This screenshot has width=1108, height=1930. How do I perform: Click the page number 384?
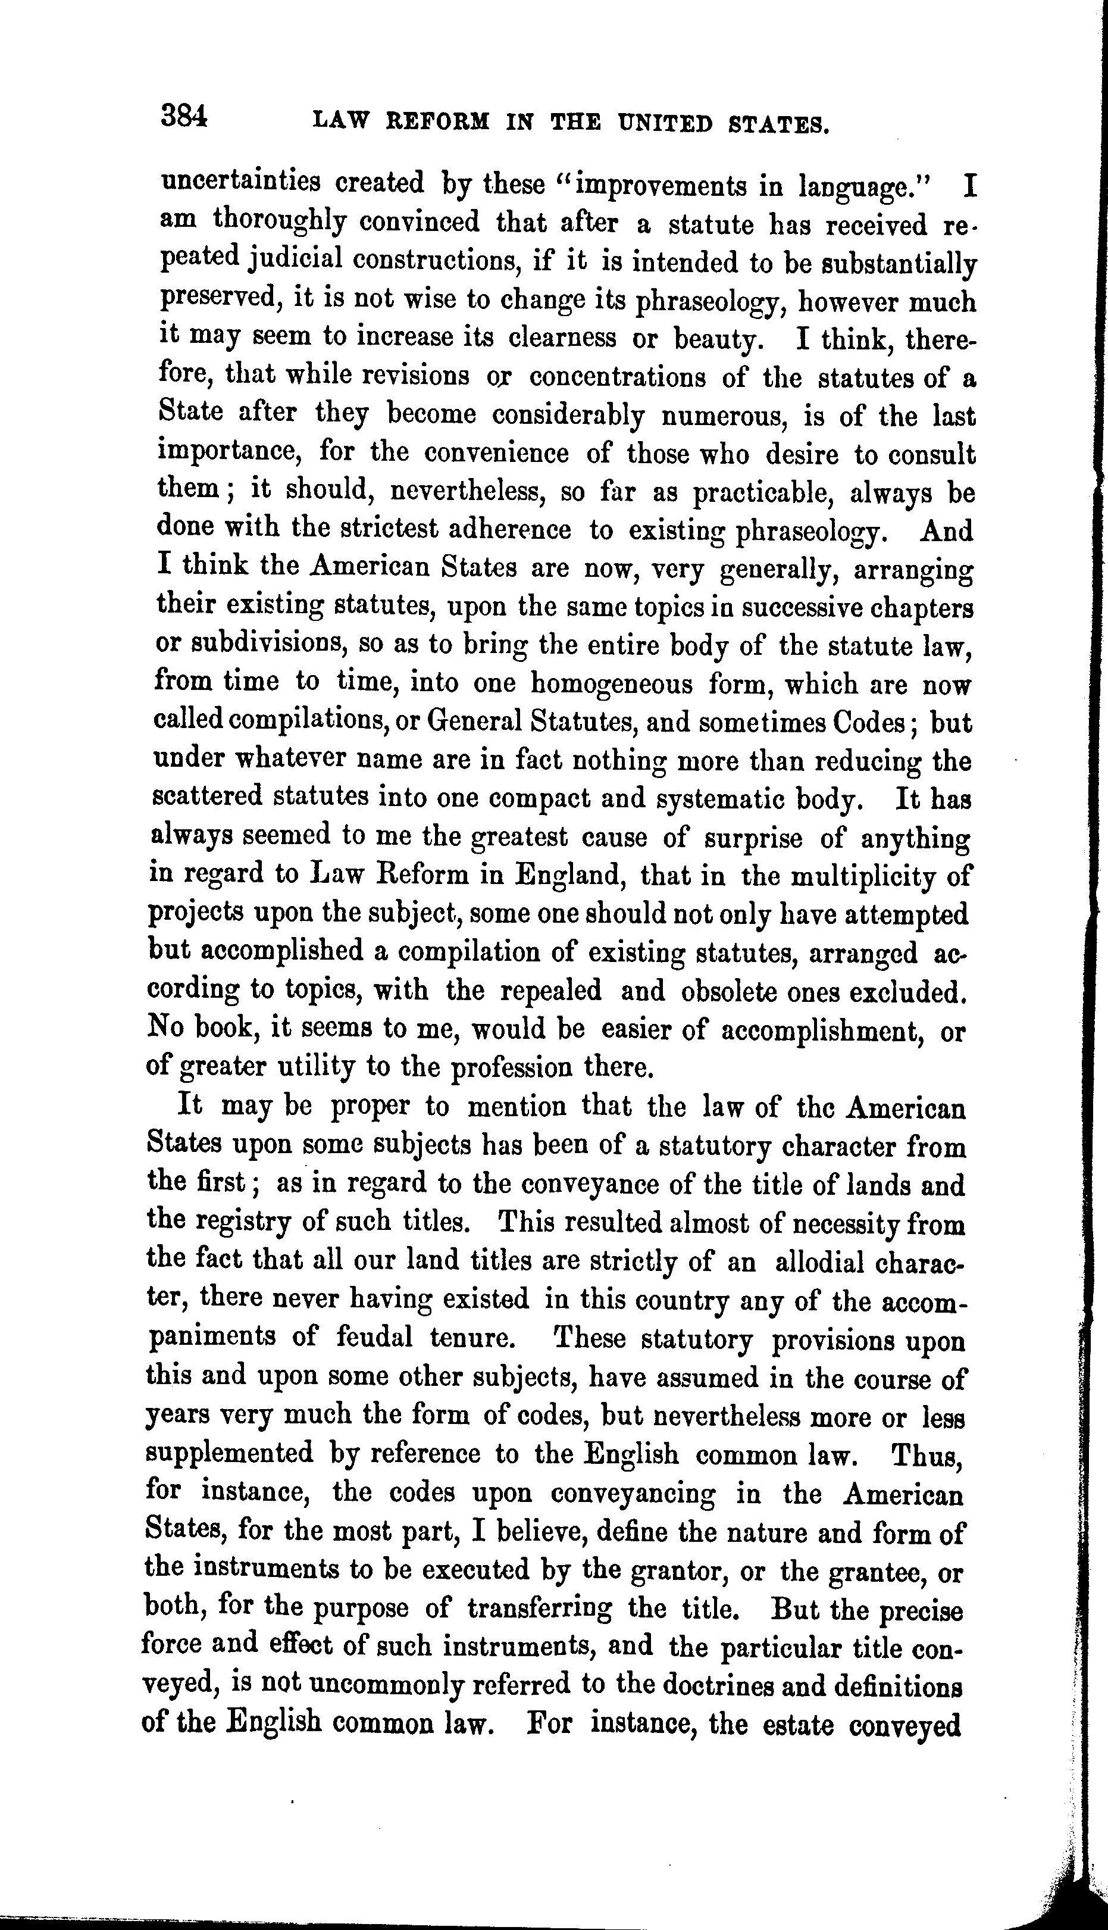tap(183, 118)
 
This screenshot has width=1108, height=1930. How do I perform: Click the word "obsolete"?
tap(730, 992)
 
